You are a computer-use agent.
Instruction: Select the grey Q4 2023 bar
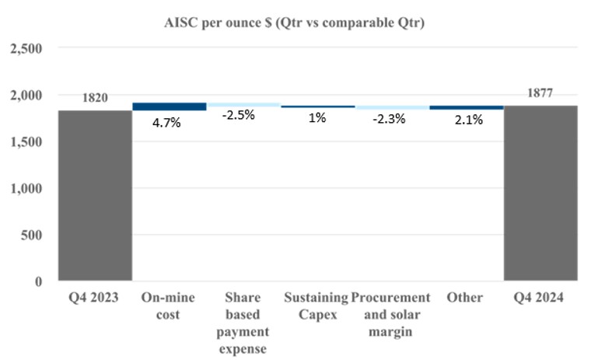click(94, 195)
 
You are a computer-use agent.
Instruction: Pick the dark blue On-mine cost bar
click(169, 107)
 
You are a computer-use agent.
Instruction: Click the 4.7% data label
click(167, 122)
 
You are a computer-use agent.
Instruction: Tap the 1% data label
click(316, 120)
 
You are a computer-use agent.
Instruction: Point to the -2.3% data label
click(391, 120)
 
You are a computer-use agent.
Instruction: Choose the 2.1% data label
click(466, 120)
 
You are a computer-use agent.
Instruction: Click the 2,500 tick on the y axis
click(26, 49)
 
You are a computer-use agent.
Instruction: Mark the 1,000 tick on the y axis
click(26, 188)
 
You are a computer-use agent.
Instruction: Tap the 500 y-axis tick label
click(32, 235)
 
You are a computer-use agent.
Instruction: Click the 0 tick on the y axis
click(38, 281)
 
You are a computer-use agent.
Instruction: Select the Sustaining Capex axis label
click(316, 298)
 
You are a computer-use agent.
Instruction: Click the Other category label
click(466, 298)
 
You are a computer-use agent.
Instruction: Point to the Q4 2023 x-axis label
click(94, 298)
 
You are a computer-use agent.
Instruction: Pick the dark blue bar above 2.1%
click(466, 107)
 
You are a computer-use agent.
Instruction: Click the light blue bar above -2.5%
click(243, 104)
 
